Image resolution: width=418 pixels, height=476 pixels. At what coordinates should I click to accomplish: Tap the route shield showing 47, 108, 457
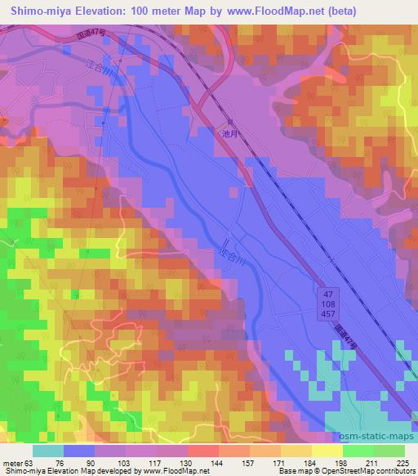click(327, 303)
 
